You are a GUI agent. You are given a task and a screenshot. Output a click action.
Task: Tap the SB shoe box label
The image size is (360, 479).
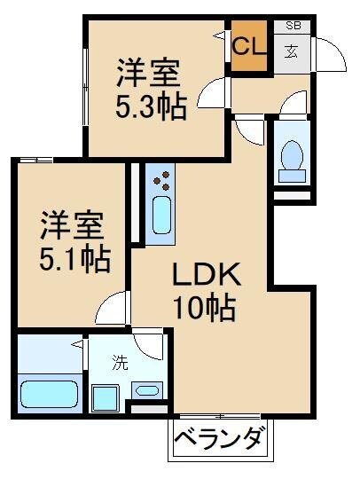(293, 26)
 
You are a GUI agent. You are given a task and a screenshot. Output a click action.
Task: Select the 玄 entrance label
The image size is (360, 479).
(292, 50)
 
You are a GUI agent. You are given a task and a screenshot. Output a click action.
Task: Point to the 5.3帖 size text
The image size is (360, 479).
(151, 107)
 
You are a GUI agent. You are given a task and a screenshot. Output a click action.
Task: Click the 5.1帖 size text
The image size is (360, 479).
(74, 259)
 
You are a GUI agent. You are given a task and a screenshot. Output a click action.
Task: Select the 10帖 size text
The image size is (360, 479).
(203, 308)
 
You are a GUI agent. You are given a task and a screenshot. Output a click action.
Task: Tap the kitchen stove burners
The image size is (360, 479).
(161, 183)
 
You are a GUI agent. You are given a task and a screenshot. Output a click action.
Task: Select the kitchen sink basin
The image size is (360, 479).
(162, 216)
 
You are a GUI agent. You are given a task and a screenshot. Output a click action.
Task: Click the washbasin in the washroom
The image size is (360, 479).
(147, 389)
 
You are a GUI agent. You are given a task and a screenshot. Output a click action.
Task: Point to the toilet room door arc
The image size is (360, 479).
(288, 104)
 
